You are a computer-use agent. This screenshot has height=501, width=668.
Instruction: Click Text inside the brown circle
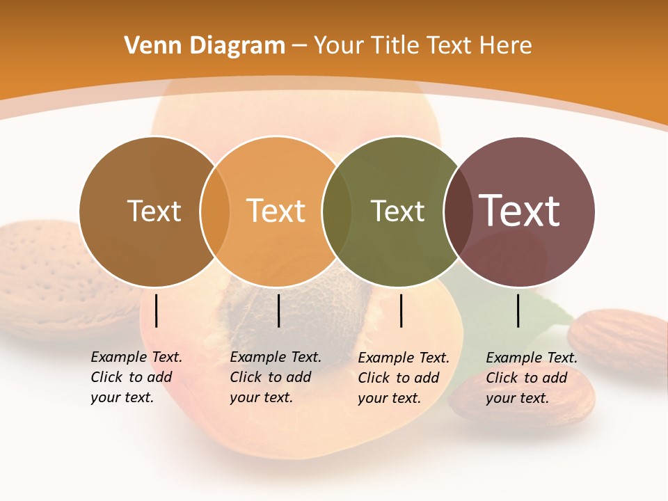click(x=154, y=211)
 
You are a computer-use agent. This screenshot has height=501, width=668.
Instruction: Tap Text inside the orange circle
click(x=276, y=211)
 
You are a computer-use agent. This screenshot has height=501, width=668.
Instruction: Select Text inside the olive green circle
click(x=397, y=211)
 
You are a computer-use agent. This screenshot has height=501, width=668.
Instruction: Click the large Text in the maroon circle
click(x=519, y=211)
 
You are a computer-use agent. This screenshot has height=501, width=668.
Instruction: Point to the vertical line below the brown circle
click(x=157, y=310)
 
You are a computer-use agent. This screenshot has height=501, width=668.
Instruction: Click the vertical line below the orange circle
click(x=278, y=310)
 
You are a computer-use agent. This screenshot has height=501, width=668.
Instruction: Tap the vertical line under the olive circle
click(x=401, y=310)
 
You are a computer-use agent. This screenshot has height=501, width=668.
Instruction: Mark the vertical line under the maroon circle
click(x=518, y=310)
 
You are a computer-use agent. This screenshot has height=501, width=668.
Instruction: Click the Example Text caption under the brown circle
click(x=136, y=377)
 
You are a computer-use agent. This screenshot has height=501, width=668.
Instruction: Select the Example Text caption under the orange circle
click(x=276, y=377)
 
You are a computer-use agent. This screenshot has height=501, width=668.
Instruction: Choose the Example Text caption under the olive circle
click(x=404, y=378)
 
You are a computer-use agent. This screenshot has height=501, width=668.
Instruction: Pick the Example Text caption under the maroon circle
click(x=532, y=378)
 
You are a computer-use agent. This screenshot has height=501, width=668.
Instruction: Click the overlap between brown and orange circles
click(x=215, y=211)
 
